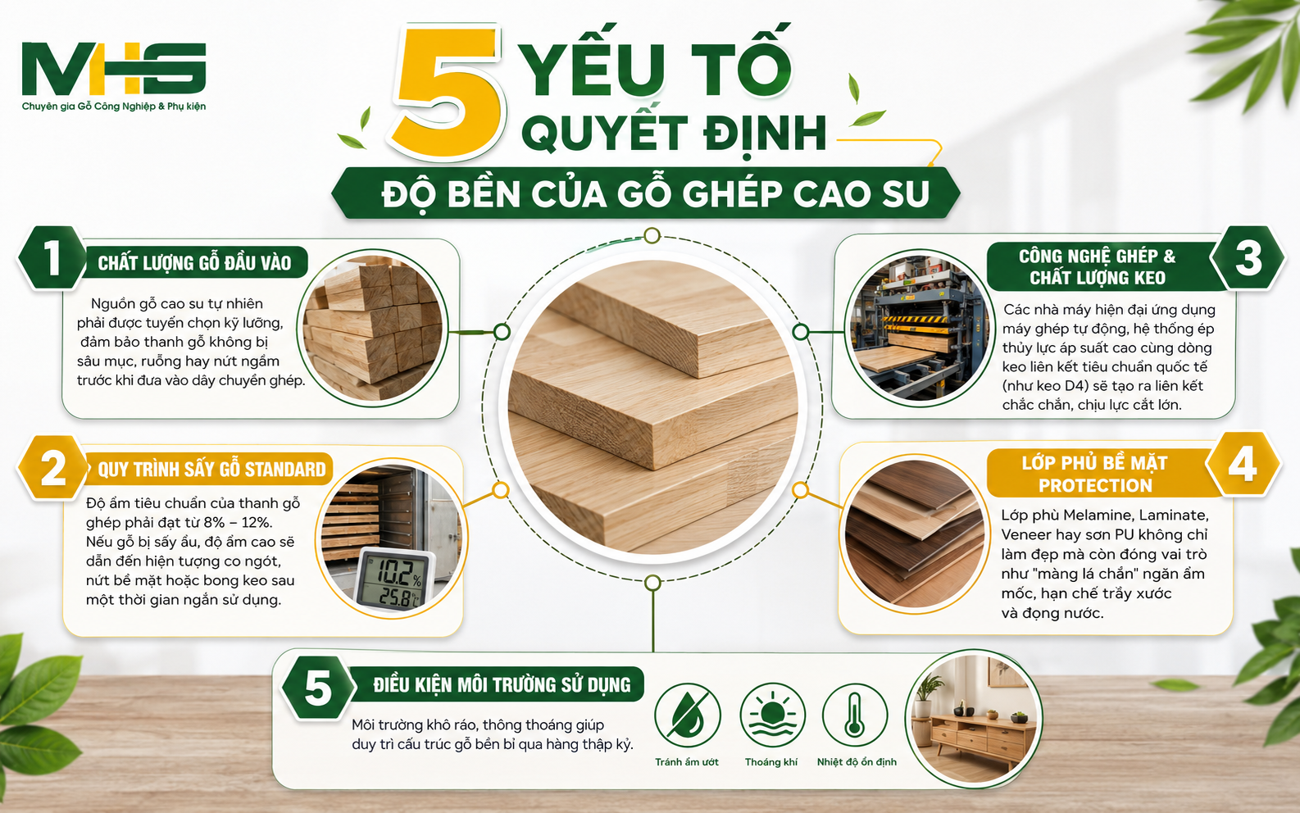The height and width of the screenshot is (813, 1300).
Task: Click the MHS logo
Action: [x=114, y=75]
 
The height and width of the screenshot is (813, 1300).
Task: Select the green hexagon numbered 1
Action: [x=52, y=257]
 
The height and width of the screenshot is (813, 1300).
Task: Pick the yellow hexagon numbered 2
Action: [x=52, y=467]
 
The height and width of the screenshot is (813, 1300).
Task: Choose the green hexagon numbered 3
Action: [x=1248, y=258]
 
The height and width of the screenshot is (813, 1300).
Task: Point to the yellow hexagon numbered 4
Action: [x=1243, y=464]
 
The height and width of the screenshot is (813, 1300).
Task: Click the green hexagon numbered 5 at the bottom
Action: [x=318, y=688]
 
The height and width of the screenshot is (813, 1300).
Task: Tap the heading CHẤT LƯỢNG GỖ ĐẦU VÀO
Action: [x=194, y=263]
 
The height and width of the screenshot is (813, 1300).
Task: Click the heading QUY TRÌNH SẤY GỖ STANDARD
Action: [x=211, y=469]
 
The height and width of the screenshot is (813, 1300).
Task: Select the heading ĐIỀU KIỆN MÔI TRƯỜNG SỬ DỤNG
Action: [x=502, y=685]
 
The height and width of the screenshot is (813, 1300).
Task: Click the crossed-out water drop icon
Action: [x=688, y=716]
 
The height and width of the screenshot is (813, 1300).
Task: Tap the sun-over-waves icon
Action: [x=772, y=716]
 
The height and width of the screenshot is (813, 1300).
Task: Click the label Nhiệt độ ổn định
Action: [x=857, y=762]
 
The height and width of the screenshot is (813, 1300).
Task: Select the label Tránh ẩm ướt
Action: [x=687, y=762]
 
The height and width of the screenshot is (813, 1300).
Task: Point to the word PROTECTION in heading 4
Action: [x=1095, y=485]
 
